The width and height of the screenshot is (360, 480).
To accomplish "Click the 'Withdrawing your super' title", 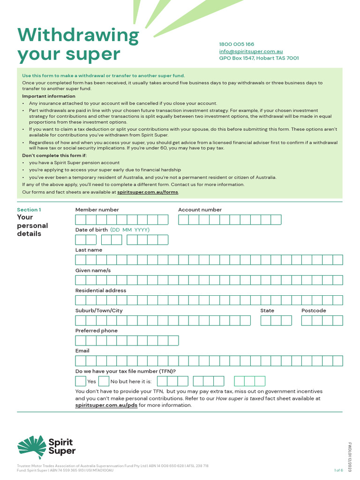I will [78, 45].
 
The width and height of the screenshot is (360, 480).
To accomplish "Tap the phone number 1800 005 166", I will [237, 44].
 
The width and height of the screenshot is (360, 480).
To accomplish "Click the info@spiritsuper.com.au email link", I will [251, 51].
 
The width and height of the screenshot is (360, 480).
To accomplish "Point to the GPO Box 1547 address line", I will [259, 58].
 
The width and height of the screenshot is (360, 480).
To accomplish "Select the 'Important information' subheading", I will [49, 96].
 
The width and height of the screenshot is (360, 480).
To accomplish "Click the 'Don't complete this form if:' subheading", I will [54, 155].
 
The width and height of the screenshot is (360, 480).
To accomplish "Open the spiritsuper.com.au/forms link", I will [148, 192].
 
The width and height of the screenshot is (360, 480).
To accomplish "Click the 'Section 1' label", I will [29, 210].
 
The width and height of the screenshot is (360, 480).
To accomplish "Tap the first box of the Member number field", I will [81, 220].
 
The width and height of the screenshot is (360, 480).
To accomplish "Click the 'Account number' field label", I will [200, 210].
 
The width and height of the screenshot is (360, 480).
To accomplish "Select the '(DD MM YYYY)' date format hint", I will [130, 230].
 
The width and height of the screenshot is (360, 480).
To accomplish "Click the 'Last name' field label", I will [89, 250].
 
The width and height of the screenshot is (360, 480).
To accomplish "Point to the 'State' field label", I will [267, 310].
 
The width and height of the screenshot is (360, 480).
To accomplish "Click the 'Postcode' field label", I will [314, 310].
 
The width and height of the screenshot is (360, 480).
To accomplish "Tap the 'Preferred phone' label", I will [97, 330].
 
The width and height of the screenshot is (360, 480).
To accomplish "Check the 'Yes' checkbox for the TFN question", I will [81, 381].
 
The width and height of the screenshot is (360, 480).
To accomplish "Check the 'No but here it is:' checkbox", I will [104, 381].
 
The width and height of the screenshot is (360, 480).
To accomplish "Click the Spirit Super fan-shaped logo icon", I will [32, 446].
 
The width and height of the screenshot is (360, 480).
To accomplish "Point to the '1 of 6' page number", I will [338, 470].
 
